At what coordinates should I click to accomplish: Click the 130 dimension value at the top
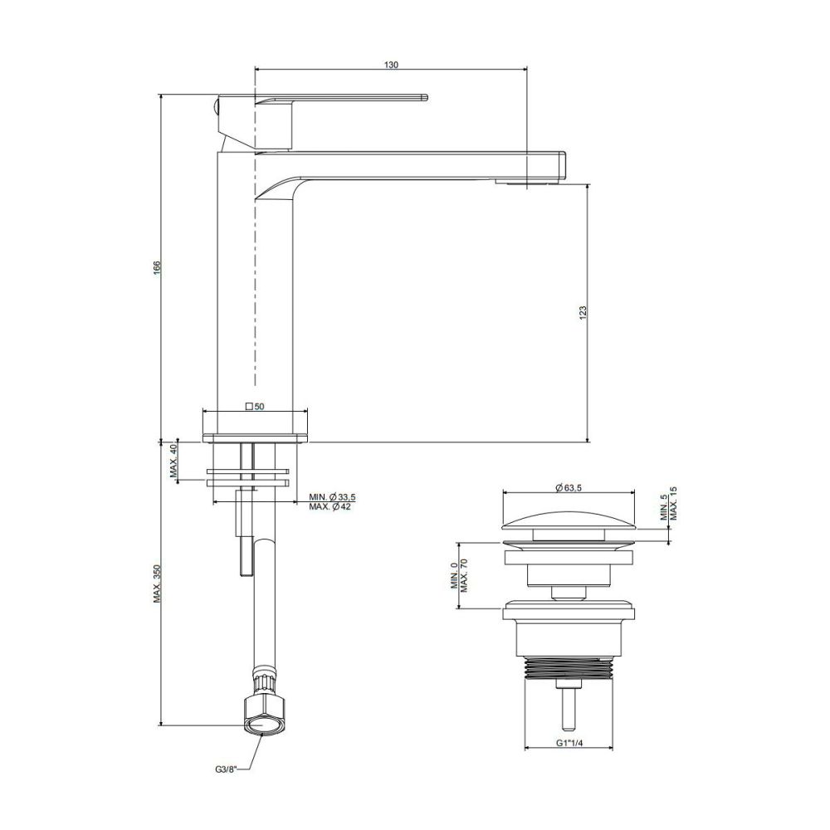tap(391, 65)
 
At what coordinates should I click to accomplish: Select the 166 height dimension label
tap(157, 266)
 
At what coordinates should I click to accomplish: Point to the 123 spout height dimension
tap(583, 312)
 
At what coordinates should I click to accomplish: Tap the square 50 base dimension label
tap(255, 407)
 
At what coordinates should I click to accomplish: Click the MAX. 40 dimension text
tap(173, 461)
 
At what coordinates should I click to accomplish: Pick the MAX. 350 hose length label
tap(157, 583)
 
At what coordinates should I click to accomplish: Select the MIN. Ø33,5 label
tap(333, 497)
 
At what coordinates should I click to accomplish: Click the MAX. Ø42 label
tap(330, 506)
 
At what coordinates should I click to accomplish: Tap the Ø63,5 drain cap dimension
tap(569, 488)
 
